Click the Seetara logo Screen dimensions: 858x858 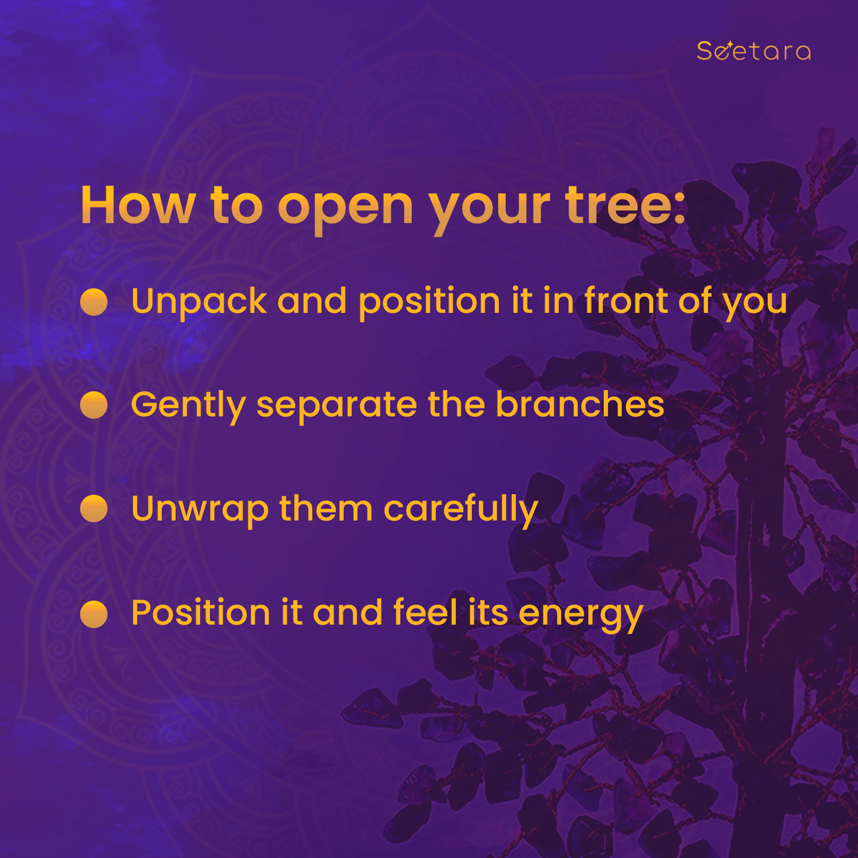point(753,50)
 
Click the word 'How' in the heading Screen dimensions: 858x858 point(138,205)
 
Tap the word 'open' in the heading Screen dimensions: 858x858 point(346,210)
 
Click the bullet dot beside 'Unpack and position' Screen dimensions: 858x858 point(94,302)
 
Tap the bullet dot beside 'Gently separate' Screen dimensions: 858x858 point(94,405)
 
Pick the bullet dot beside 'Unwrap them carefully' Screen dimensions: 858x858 point(94,508)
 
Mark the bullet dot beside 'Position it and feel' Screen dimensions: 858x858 point(94,613)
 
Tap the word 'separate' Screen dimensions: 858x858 point(337,408)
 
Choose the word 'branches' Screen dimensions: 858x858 point(580,404)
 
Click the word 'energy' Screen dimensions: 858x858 point(581,618)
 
